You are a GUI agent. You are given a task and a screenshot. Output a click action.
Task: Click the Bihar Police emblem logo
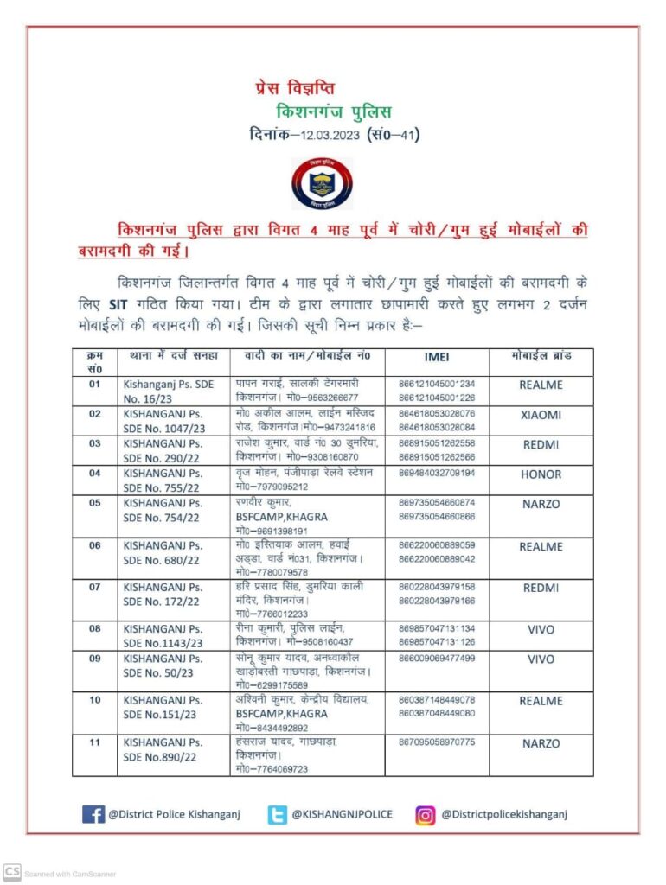click(322, 184)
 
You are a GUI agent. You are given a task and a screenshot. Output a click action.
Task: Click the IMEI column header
click(436, 356)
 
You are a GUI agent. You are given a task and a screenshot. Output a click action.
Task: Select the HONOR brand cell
click(541, 474)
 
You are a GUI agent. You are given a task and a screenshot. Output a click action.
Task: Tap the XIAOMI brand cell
click(541, 415)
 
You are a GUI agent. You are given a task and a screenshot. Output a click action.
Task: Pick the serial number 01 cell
click(94, 384)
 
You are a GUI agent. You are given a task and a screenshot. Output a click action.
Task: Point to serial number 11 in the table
click(94, 743)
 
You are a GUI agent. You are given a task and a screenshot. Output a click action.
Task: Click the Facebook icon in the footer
click(93, 814)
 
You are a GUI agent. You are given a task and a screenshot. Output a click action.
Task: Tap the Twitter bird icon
click(277, 814)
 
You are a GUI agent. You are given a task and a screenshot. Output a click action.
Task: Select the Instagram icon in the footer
click(426, 814)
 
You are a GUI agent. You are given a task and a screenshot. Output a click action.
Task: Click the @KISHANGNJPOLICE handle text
click(342, 814)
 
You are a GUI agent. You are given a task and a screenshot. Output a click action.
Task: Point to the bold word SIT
click(118, 304)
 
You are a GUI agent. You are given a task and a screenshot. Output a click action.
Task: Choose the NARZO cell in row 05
click(541, 503)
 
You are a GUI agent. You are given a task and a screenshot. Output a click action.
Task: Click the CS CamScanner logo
click(11, 872)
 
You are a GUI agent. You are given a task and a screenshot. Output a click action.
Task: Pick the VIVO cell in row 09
click(541, 659)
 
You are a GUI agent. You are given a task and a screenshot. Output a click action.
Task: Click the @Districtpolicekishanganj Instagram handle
click(505, 814)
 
